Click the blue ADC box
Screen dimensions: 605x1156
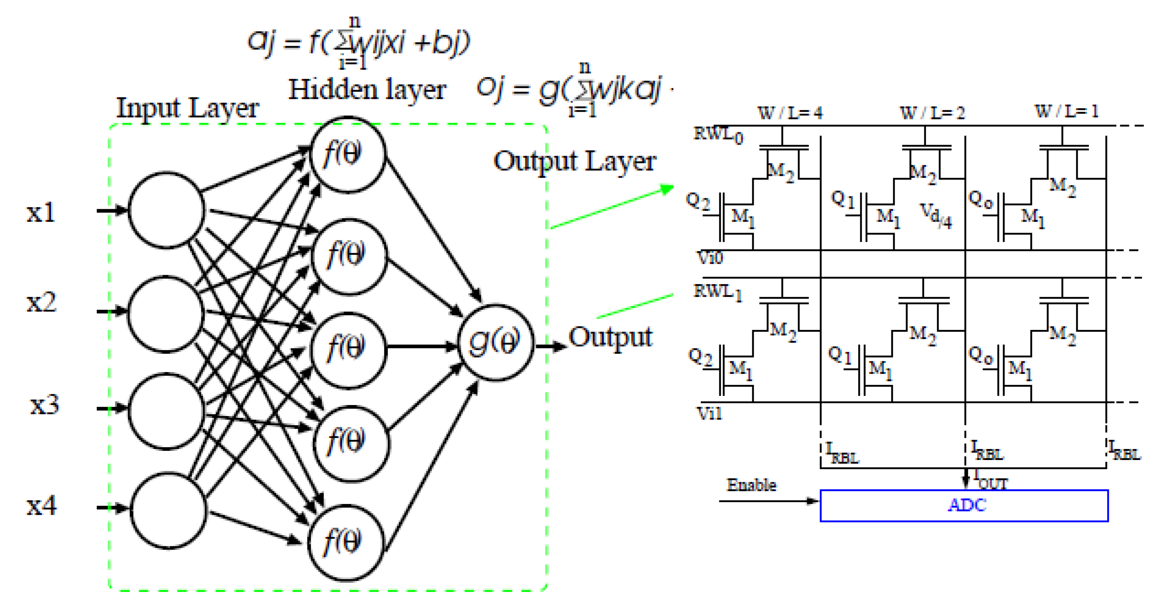(963, 506)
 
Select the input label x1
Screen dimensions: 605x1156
(41, 212)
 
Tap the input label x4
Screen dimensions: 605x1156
(42, 506)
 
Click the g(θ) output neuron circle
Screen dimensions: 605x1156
(495, 342)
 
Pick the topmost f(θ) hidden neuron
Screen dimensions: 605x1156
(347, 155)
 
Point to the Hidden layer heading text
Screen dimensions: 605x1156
(367, 90)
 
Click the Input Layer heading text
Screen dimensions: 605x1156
(187, 109)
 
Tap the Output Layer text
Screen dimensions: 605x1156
(574, 162)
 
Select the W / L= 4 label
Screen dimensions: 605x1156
(790, 113)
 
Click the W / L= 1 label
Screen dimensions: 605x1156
(1066, 111)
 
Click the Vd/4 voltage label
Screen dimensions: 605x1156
(936, 215)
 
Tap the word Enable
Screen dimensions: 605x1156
(751, 485)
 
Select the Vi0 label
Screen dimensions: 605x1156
(709, 258)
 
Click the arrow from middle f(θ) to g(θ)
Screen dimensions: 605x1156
(422, 346)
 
